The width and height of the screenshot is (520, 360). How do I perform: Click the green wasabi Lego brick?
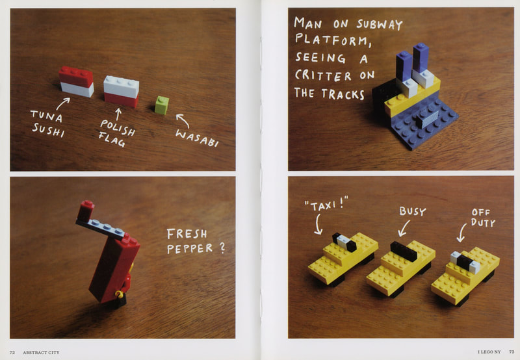(x=162, y=105)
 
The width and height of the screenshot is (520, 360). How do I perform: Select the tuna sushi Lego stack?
(x=76, y=81)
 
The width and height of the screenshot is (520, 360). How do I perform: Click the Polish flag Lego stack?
(x=121, y=91)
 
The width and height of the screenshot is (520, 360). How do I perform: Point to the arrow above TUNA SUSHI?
(x=62, y=103)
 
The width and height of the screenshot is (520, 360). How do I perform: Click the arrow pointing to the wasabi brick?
(x=183, y=121)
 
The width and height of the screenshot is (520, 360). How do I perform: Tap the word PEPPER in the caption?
(x=190, y=249)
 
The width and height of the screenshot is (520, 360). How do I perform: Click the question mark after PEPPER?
(x=222, y=248)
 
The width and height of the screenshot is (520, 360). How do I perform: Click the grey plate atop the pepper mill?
(x=101, y=228)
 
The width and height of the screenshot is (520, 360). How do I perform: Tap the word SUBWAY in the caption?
(x=380, y=24)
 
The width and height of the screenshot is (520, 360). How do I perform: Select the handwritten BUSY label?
(x=413, y=211)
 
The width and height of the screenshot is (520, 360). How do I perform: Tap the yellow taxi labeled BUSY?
(x=400, y=268)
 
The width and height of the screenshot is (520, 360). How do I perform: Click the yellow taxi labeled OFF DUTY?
(x=465, y=276)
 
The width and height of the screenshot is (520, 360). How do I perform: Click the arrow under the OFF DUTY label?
(x=461, y=233)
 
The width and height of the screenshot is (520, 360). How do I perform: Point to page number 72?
(x=12, y=352)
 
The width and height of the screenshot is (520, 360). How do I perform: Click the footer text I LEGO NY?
(x=489, y=352)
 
